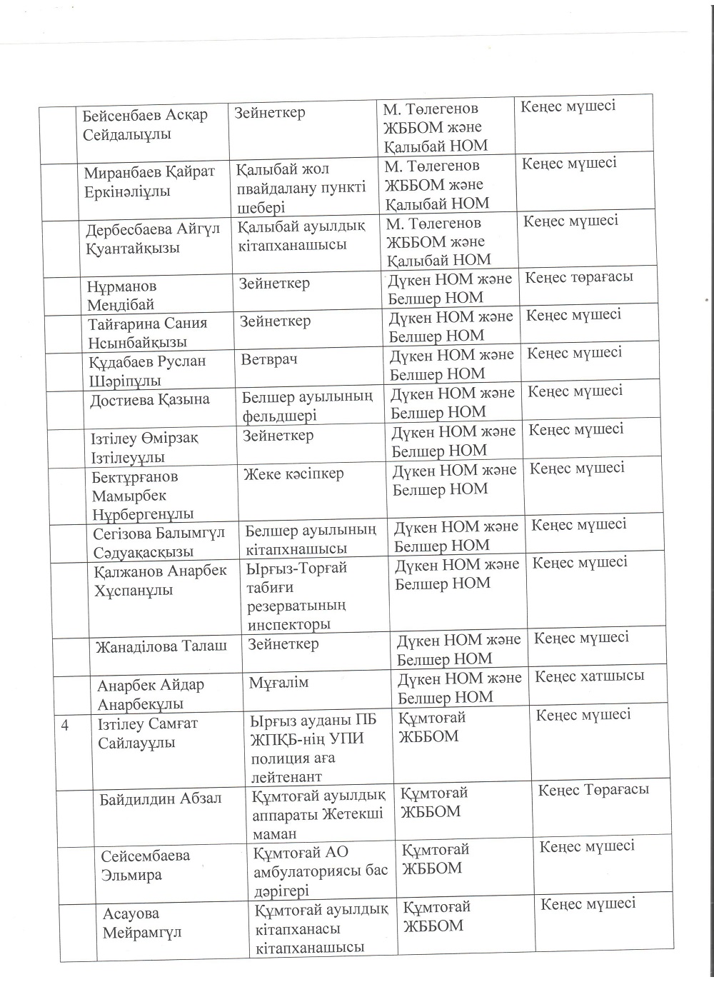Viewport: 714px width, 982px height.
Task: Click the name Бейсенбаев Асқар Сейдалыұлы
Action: [145, 124]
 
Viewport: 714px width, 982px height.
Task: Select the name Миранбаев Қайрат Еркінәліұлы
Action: [149, 181]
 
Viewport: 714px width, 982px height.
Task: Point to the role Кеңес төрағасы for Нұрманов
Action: [579, 276]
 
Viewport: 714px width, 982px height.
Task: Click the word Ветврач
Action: [268, 359]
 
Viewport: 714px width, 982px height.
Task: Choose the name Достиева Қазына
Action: [149, 399]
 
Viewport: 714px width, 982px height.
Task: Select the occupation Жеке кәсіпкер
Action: [293, 474]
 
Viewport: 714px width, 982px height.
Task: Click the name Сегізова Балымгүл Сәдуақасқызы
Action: [159, 542]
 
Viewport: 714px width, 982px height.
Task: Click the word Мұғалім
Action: [278, 683]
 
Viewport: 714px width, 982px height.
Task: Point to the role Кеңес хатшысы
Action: [589, 676]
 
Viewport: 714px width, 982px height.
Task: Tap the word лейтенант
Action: [286, 777]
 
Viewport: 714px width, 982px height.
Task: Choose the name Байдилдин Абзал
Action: [161, 798]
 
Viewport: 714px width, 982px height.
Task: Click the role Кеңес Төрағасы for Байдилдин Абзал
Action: [593, 790]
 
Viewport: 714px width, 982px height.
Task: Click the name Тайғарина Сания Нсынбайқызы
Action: [147, 332]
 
